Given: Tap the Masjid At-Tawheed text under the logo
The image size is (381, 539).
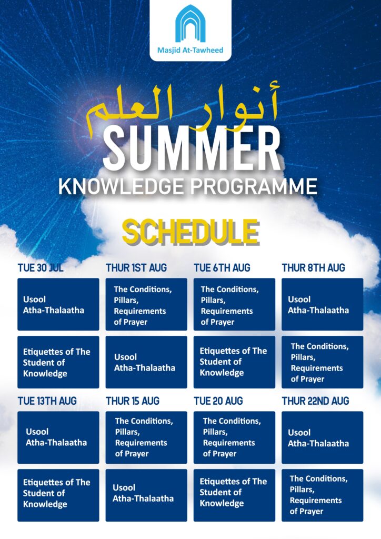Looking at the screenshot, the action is tap(190, 50).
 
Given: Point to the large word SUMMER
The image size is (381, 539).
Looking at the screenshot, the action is tap(192, 148).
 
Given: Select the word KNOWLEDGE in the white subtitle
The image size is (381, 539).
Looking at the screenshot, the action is tap(121, 186).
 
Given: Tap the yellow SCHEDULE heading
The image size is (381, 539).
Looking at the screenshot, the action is tap(190, 232).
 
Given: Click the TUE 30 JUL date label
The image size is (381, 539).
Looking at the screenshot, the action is tap(41, 268).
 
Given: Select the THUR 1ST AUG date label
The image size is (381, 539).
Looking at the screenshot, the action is tap(136, 268).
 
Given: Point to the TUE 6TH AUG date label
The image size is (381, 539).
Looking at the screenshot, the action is tap(222, 268).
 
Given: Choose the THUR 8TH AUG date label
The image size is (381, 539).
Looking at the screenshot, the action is tap(313, 268).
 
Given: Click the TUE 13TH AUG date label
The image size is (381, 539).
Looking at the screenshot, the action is tap(47, 401).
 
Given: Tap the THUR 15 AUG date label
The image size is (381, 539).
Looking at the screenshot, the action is tap(133, 401).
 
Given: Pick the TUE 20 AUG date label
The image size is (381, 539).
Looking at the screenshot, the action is tap(218, 401).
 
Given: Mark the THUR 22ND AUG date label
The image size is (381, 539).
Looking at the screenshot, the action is tap(315, 401).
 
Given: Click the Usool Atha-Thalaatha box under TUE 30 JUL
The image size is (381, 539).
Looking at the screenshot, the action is tap(58, 305).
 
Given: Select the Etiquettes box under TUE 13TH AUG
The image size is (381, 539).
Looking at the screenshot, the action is tap(58, 495).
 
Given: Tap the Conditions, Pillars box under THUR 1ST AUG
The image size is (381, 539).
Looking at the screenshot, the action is tap(146, 305).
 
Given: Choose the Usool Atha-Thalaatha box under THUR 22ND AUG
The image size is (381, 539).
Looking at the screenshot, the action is tap(322, 437).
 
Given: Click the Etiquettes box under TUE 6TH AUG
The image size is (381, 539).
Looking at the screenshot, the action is tap(234, 362).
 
